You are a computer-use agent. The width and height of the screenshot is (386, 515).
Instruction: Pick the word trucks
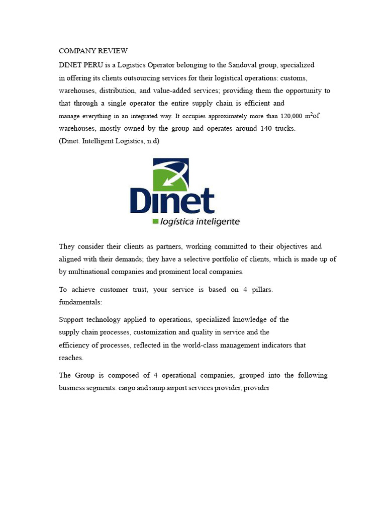click(x=284, y=128)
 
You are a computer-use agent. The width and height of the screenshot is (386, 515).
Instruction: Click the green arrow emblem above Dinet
click(x=170, y=174)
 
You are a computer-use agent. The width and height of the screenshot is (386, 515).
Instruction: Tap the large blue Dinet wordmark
click(x=172, y=201)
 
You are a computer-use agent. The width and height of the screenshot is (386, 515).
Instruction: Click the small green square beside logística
click(x=155, y=221)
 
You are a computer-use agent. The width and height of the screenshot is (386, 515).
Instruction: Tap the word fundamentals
click(x=80, y=302)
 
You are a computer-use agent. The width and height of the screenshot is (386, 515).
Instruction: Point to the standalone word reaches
click(x=71, y=358)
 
